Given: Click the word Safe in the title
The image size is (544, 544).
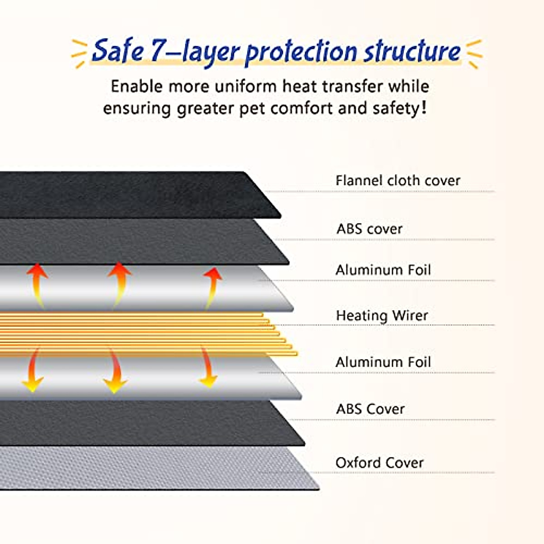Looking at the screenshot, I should pos(117,51).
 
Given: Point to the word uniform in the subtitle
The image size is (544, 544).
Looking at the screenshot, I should pos(246,86).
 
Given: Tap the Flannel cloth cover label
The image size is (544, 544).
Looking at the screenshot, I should pos(398,180).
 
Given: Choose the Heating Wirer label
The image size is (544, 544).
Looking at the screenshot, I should pos(382,316).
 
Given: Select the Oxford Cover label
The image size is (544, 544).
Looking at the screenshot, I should pos(379,463).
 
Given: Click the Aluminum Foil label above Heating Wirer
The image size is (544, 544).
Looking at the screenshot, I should pos(383,270).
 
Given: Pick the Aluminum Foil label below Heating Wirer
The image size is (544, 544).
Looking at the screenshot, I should pos(383,362).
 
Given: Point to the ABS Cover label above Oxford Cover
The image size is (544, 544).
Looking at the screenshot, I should pos(370,409).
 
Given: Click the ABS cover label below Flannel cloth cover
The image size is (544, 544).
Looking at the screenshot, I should pos(369,229).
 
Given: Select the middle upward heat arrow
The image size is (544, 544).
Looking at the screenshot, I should pos(119,282).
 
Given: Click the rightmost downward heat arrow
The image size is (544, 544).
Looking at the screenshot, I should pos(208,367).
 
